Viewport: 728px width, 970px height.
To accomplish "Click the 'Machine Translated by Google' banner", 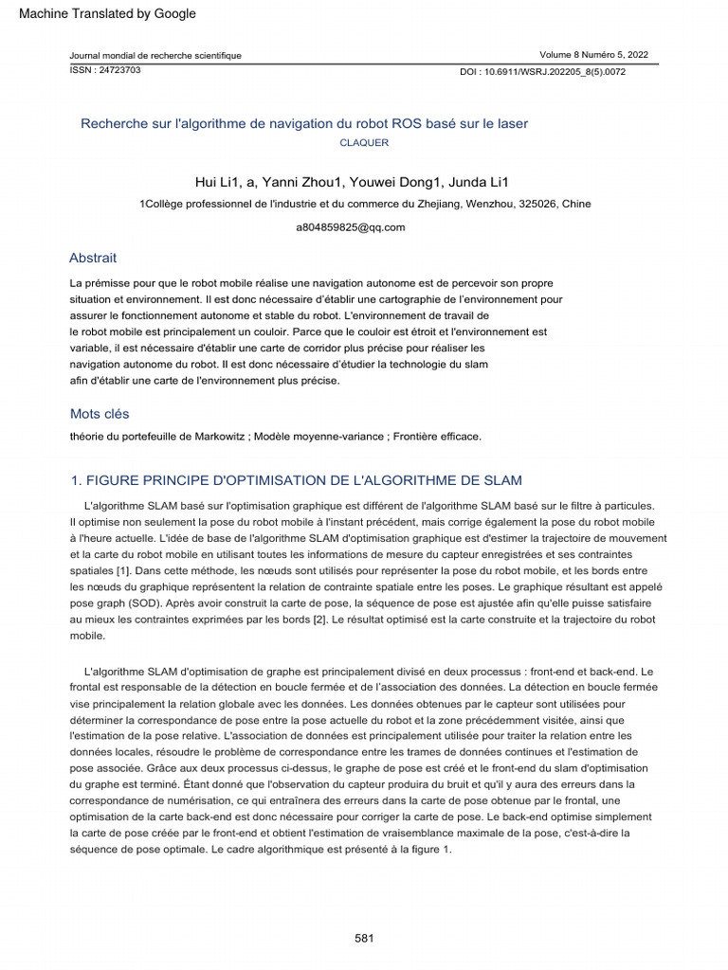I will tap(107, 13).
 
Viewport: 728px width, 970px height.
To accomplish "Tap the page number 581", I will tap(364, 938).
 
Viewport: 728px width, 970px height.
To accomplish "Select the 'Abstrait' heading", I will tap(93, 258).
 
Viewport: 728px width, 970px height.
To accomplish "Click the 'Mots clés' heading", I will tap(100, 414).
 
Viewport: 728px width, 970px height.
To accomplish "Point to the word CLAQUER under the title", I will tap(364, 143).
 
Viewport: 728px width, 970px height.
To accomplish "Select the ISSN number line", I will tap(105, 70).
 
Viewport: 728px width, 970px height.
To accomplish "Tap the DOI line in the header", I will tap(542, 71).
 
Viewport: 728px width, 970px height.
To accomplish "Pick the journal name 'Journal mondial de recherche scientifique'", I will tap(155, 56).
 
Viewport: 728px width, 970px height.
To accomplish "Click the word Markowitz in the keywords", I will tap(222, 437).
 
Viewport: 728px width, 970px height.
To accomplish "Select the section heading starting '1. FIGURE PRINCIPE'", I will tap(297, 481).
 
